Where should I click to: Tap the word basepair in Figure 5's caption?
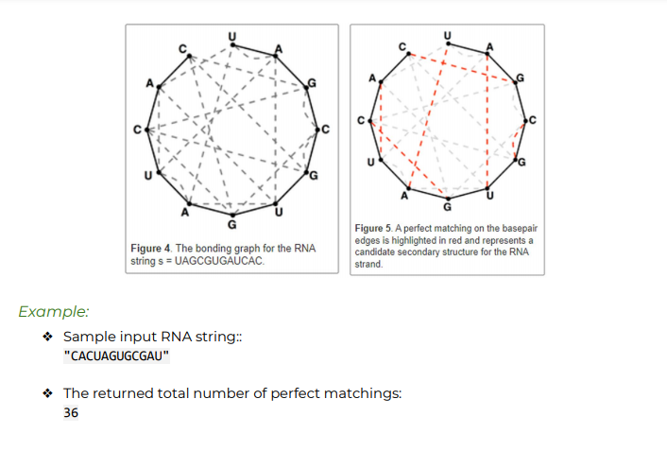[x=515, y=228]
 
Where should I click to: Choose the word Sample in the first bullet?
[x=86, y=338]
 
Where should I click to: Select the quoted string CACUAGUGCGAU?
[x=116, y=356]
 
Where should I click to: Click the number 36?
[x=71, y=413]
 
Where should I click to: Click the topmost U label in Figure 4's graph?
[x=232, y=33]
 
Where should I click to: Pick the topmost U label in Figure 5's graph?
[x=448, y=34]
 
